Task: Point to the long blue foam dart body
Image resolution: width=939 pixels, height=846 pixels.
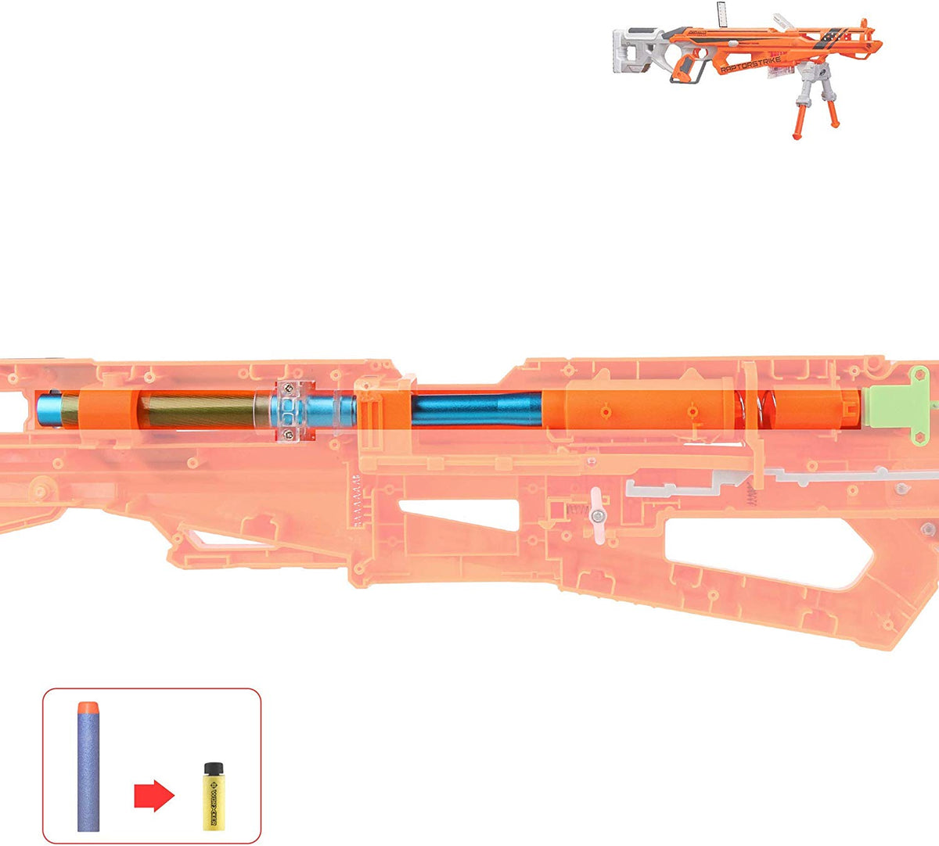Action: click(x=88, y=774)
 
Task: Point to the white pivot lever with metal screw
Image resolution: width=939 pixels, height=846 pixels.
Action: click(x=597, y=514)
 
